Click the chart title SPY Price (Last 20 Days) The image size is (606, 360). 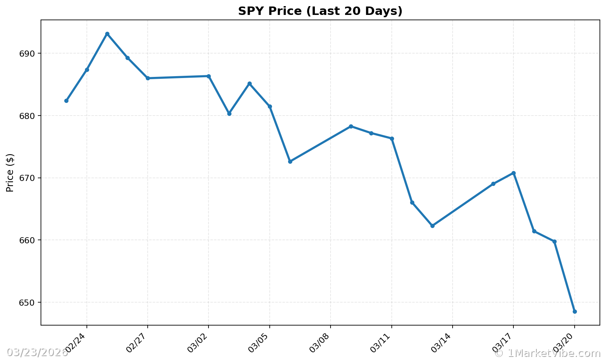click(x=320, y=11)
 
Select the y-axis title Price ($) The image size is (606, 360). click(x=10, y=173)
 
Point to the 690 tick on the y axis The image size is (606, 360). click(x=27, y=54)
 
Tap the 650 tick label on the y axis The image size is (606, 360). click(x=27, y=303)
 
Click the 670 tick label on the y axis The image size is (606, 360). click(x=27, y=178)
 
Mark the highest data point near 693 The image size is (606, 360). click(x=107, y=34)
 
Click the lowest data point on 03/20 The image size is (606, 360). click(x=575, y=311)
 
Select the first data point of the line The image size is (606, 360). click(x=66, y=101)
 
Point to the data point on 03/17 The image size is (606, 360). click(x=513, y=173)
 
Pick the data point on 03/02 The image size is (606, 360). click(x=209, y=76)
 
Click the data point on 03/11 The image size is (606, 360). click(x=392, y=138)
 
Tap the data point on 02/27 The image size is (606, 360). click(x=148, y=78)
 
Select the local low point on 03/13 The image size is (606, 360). click(x=432, y=226)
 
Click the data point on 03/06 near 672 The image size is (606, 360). click(x=290, y=161)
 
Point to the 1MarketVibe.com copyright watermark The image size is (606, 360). click(x=547, y=353)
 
